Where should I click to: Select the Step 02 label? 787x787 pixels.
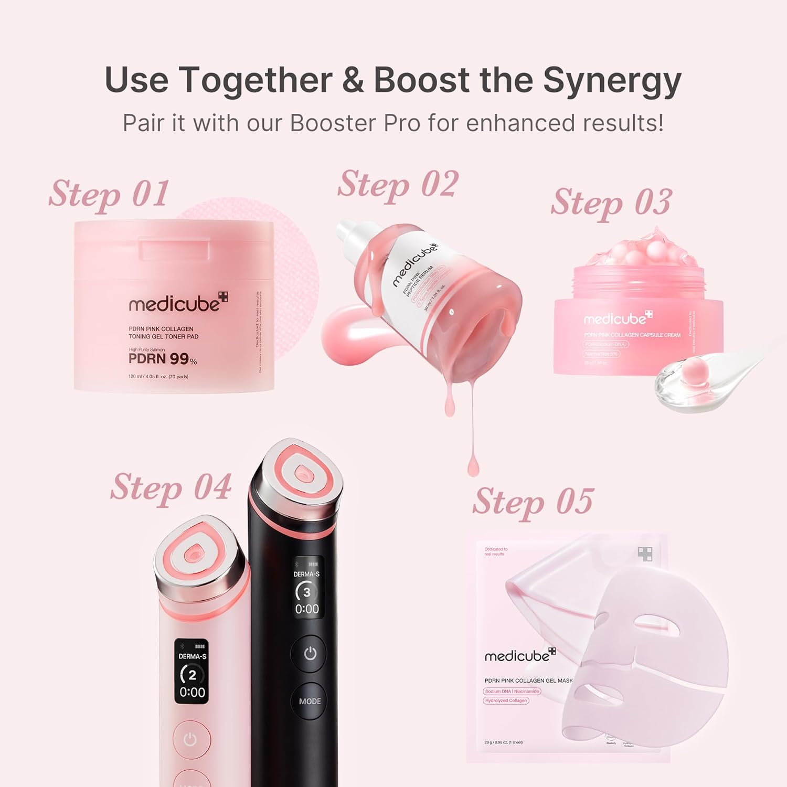pos(398,185)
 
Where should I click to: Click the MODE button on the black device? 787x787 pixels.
pos(310,701)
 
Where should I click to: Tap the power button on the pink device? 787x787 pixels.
pos(190,739)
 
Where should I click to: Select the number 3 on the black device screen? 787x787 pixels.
pos(306,592)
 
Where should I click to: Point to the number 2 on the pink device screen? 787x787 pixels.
pos(192,675)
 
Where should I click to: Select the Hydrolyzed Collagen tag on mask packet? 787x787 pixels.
pos(506,700)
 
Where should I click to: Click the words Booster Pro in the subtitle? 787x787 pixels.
pos(355,123)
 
